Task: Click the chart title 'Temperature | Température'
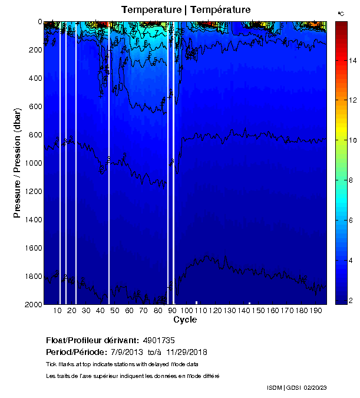coord(186,9)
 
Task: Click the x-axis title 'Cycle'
coord(185,320)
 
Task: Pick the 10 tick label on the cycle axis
coord(58,311)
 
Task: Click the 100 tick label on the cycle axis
coord(187,311)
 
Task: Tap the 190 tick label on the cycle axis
coord(315,311)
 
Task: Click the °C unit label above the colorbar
coord(341,13)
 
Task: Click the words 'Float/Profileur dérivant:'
coord(91,341)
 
